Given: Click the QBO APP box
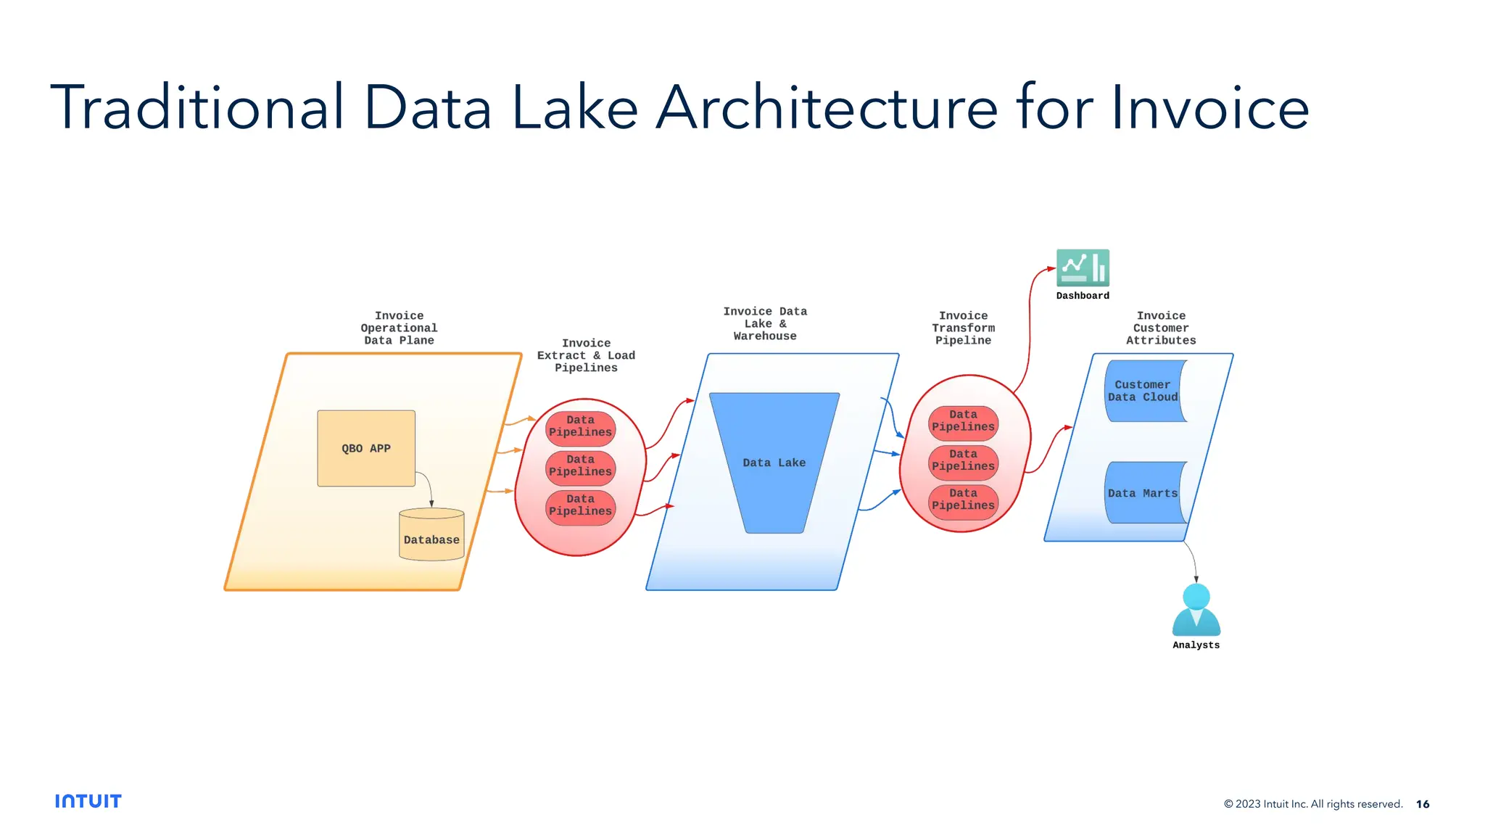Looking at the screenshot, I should [x=366, y=448].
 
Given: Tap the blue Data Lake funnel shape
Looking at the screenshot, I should [x=774, y=462].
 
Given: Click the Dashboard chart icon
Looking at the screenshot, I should [x=1083, y=268].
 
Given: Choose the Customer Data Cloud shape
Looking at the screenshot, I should [x=1144, y=391].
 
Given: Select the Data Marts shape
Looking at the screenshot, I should [x=1144, y=493].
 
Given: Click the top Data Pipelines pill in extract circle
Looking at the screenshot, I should [x=580, y=426].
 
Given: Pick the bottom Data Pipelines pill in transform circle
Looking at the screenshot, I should [x=963, y=500].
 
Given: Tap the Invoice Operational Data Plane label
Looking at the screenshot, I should [x=399, y=328].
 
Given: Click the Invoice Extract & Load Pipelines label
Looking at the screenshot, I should [x=586, y=355].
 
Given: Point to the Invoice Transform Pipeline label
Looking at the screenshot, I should [x=963, y=328].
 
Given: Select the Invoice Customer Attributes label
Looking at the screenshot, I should [x=1161, y=328].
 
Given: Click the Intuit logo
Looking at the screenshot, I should [x=88, y=801].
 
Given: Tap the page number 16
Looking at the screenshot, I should [x=1423, y=804].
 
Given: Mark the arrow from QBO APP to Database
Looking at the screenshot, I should [x=428, y=484].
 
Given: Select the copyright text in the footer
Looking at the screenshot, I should [x=1312, y=804].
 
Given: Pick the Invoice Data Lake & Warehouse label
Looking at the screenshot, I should [x=765, y=323].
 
